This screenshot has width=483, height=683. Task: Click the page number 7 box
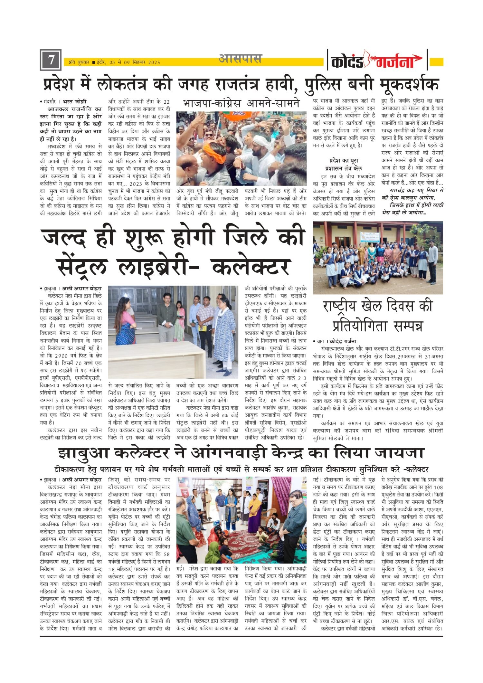pos(51,60)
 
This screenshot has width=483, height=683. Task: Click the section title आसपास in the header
pos(240,59)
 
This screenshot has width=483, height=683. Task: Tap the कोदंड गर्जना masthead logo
pos(377,60)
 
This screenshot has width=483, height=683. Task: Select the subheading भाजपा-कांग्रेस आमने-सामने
pos(241,103)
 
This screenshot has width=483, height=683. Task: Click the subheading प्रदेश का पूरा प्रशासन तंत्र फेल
pos(344,164)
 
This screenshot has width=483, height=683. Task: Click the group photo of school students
pos(378,257)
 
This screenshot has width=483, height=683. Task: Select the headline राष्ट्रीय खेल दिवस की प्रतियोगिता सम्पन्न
pos(378,316)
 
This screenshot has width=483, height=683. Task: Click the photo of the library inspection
pos(173,332)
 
